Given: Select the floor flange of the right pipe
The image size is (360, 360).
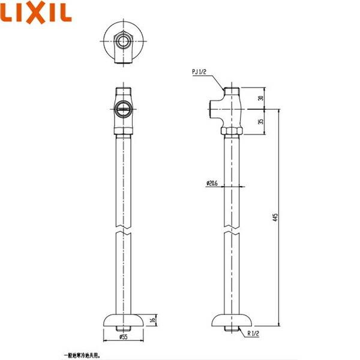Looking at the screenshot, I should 232,320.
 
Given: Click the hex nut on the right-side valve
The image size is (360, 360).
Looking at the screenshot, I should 232,130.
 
